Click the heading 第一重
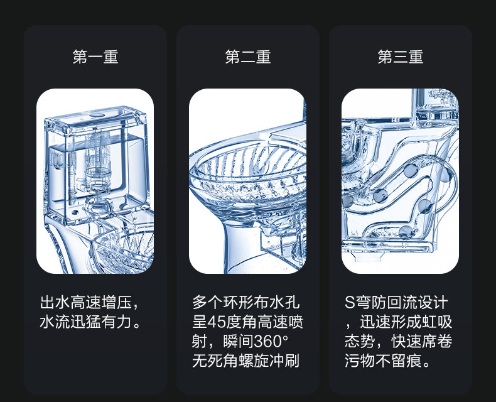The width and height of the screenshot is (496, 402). [x=95, y=57]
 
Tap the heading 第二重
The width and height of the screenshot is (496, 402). [x=248, y=57]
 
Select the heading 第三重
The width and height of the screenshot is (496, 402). [x=401, y=57]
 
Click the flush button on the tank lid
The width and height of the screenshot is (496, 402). [x=95, y=116]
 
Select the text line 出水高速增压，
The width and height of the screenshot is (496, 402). [x=91, y=302]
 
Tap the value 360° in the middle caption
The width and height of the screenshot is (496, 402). [x=272, y=342]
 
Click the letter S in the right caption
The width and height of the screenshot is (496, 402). [x=350, y=302]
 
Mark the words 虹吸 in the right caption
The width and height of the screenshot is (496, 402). [x=437, y=322]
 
